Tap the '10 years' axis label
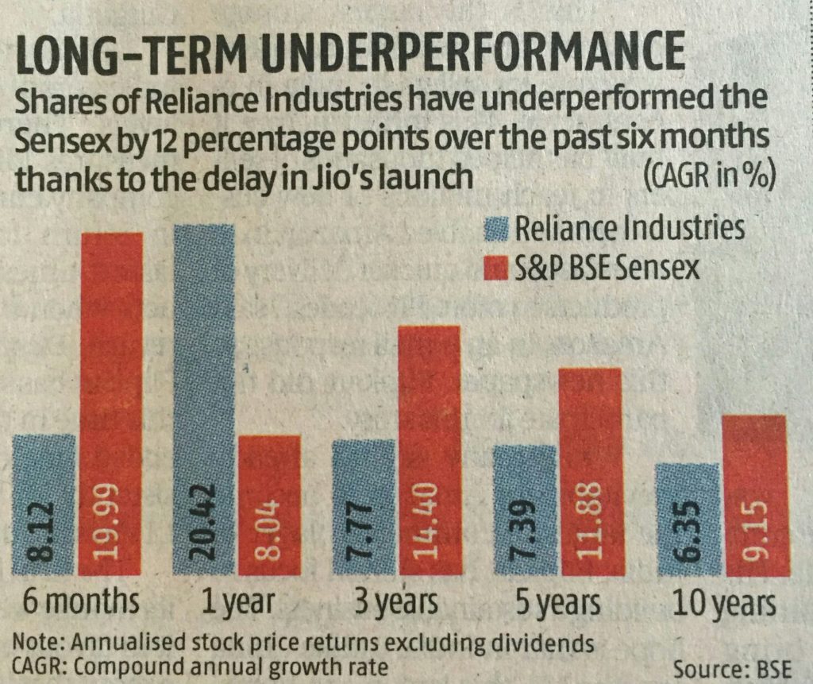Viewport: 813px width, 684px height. point(722,605)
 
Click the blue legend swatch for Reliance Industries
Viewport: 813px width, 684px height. point(495,230)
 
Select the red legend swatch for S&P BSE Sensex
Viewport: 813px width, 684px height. point(495,268)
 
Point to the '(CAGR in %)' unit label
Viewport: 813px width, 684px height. point(711,174)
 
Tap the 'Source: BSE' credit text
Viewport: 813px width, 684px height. point(734,664)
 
